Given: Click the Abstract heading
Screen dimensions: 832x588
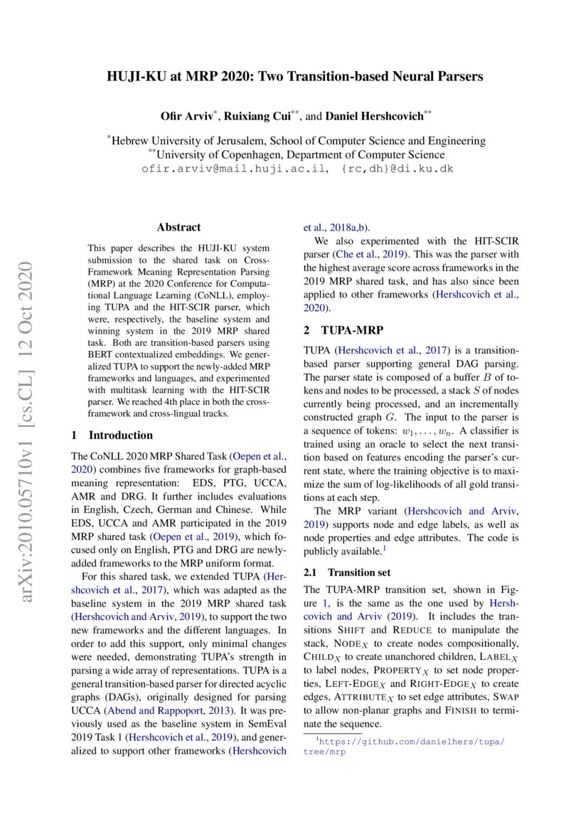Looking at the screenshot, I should point(178,228).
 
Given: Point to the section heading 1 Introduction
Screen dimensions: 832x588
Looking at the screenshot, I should point(112,435).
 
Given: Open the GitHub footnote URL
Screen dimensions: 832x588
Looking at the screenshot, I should point(411,742).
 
